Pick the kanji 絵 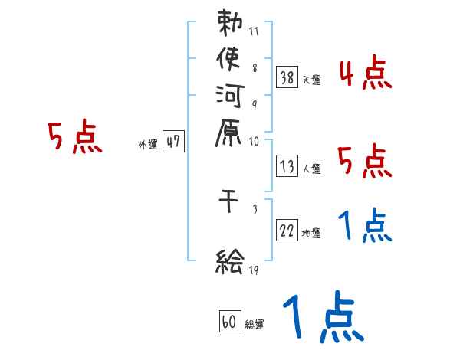[229, 263]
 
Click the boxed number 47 [173, 142]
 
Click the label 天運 [311, 80]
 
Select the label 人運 [311, 166]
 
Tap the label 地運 [311, 234]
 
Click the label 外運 [148, 144]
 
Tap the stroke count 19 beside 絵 [255, 270]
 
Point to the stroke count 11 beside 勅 [255, 32]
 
